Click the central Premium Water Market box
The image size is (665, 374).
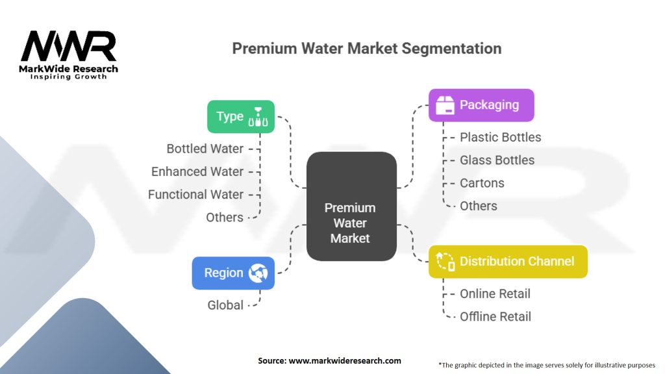pos(351,206)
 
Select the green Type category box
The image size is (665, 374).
pos(241,117)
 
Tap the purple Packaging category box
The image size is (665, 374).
pos(481,105)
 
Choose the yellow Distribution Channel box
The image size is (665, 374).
pos(508,262)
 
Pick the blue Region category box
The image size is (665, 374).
pos(233,273)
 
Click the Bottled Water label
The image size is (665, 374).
pos(205,149)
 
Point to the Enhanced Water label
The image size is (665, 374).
pos(197,171)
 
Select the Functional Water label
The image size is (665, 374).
pos(195,194)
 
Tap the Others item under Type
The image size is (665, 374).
pos(225,217)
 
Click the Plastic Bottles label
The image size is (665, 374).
pos(500,137)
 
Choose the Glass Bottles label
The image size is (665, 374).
pos(497,160)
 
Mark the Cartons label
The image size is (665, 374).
pos(482,183)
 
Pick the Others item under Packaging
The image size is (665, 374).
pos(479,206)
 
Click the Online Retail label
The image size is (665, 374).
pos(495,293)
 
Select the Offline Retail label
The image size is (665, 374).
pos(496,316)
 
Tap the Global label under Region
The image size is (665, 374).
pos(225,305)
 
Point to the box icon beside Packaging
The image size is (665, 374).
pos(445,105)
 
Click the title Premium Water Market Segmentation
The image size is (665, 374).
pos(367,49)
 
